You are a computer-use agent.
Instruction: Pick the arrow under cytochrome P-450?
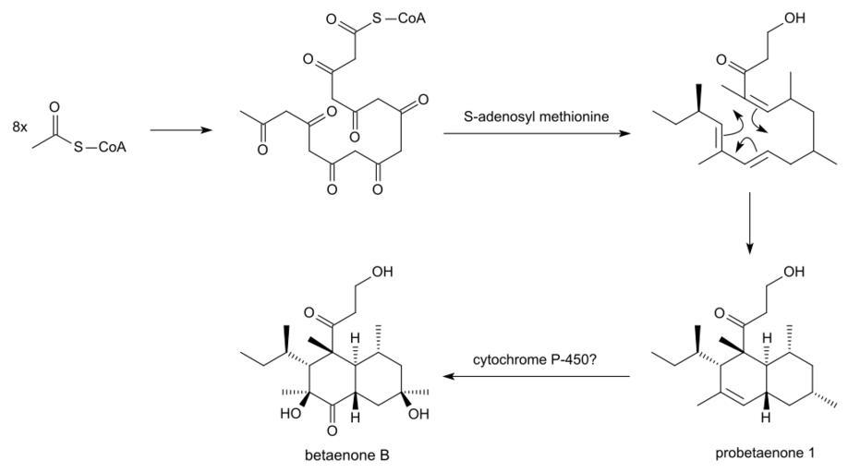coord(537,377)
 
